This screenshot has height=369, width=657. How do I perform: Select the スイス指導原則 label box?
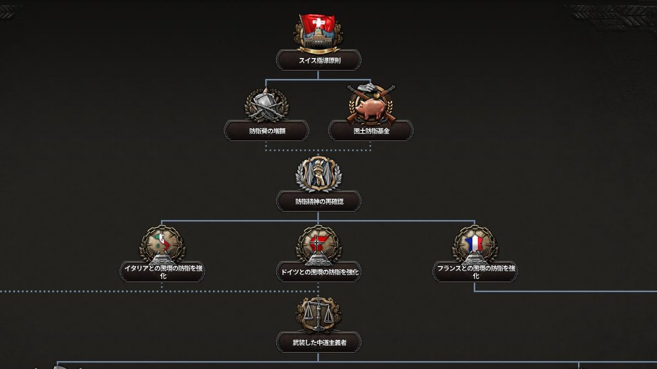point(319,61)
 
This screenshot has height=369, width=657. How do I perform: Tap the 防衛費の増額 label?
point(267,131)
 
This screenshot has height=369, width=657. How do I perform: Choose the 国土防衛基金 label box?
point(371,131)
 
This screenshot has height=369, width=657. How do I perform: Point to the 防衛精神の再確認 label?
point(319,201)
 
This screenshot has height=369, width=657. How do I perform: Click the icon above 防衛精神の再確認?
point(319,172)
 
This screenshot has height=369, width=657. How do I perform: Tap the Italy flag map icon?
point(162,244)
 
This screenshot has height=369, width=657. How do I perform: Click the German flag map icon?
point(319,244)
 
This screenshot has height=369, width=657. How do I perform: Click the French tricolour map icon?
point(475,244)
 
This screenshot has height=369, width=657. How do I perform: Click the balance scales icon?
point(319,314)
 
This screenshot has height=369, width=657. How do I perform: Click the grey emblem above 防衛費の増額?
point(266,104)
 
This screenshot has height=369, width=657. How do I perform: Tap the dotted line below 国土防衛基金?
point(371,146)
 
